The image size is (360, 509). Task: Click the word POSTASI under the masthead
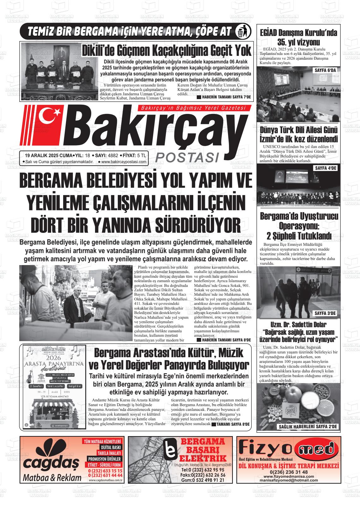188,157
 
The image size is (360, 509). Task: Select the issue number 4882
113,155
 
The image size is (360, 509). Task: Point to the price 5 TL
142,155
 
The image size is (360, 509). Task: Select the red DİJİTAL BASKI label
110,447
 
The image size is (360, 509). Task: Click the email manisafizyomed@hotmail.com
289,480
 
